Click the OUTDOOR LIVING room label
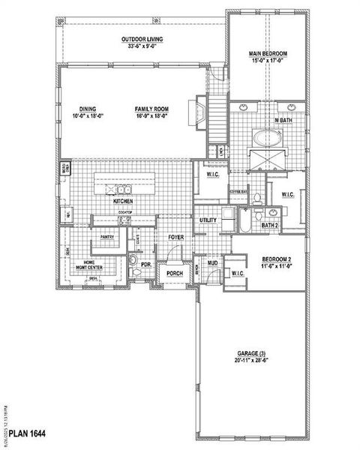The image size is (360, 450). pyautogui.click(x=142, y=39)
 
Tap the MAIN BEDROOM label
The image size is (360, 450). pyautogui.click(x=268, y=54)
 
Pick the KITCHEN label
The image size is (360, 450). pyautogui.click(x=124, y=202)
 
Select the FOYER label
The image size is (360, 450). pyautogui.click(x=175, y=237)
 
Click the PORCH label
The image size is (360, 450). pyautogui.click(x=175, y=274)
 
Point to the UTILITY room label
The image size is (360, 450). pyautogui.click(x=208, y=220)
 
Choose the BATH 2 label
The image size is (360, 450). pyautogui.click(x=270, y=224)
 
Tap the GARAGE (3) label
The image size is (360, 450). pyautogui.click(x=249, y=352)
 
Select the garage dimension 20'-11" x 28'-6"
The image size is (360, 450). pyautogui.click(x=249, y=360)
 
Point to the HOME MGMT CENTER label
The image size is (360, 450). pyautogui.click(x=94, y=264)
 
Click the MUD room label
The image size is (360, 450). pyautogui.click(x=213, y=263)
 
